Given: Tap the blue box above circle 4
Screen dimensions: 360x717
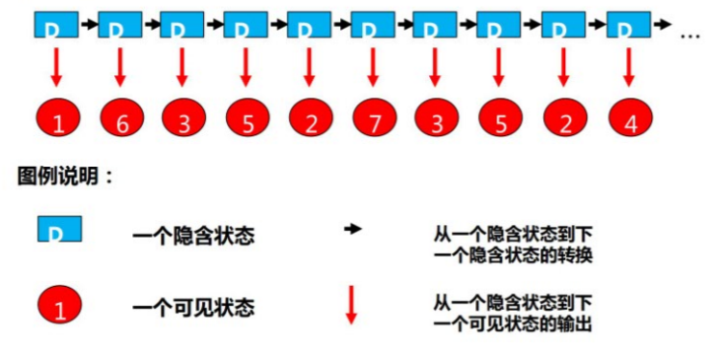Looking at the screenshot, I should [627, 25].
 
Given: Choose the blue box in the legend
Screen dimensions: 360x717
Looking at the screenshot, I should [58, 230].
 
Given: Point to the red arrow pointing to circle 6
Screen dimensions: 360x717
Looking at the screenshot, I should [120, 67].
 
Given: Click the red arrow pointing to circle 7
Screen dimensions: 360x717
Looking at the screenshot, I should [373, 67].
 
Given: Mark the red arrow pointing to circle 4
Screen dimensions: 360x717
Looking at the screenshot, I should [628, 67].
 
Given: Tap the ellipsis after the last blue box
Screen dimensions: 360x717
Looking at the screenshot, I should [689, 35].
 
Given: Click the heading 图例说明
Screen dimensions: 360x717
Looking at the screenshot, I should [65, 177].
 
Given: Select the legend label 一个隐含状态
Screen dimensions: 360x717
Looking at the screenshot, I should [193, 236].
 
